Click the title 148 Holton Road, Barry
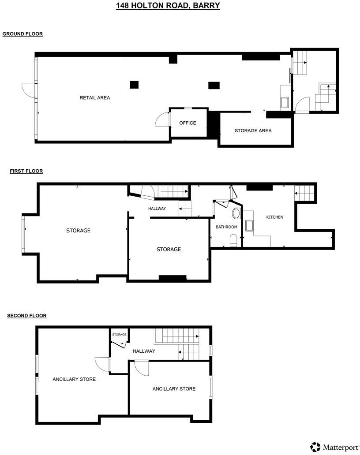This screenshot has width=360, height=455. (x=168, y=6)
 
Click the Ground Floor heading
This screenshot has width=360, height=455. (x=22, y=34)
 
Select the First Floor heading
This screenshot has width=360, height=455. (x=26, y=171)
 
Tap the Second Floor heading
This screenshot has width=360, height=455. (x=27, y=316)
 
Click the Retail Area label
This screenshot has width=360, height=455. (x=95, y=98)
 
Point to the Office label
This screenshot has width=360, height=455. (x=187, y=123)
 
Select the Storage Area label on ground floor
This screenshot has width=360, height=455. (x=253, y=131)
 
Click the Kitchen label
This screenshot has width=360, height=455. (x=274, y=217)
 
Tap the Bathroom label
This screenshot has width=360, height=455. (x=226, y=227)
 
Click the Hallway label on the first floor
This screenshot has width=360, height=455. (x=157, y=209)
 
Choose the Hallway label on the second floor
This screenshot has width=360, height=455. (x=144, y=351)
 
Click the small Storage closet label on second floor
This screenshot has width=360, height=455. (x=119, y=335)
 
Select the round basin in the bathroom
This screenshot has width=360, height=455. (x=236, y=214)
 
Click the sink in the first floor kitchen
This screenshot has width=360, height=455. (x=250, y=226)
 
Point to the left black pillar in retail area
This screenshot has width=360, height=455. (x=134, y=85)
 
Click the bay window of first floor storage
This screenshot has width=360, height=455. (x=24, y=234)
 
